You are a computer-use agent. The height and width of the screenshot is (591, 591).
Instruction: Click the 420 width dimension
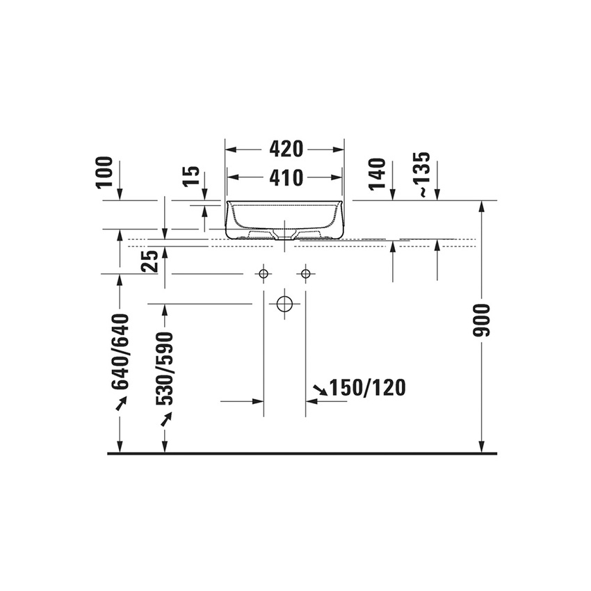click(x=286, y=149)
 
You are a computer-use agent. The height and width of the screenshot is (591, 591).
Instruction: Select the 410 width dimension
click(x=286, y=178)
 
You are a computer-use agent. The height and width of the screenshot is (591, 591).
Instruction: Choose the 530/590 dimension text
click(x=165, y=369)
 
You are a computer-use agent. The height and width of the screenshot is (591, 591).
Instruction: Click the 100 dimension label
click(x=104, y=172)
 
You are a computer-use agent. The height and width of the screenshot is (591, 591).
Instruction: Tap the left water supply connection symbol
click(x=264, y=274)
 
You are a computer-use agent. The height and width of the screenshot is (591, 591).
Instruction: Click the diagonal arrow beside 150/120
click(x=321, y=391)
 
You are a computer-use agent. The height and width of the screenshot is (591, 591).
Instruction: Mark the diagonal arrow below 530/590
click(x=166, y=419)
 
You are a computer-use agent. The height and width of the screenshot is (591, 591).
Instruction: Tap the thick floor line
click(x=302, y=453)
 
